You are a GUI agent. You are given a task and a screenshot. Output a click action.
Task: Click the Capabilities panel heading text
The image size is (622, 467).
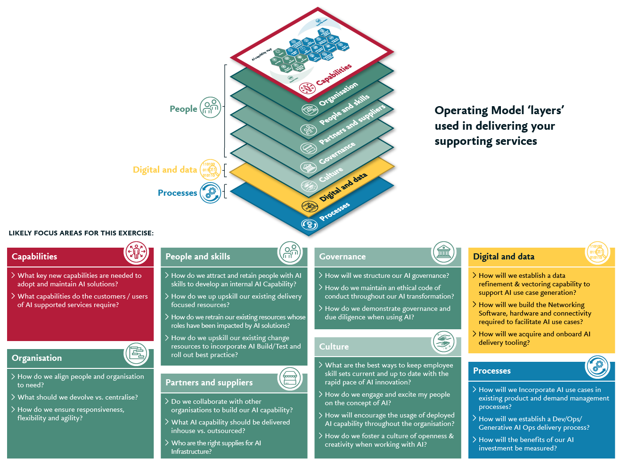click(34, 257)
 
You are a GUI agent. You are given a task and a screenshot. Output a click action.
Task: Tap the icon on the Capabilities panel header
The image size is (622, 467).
click(136, 252)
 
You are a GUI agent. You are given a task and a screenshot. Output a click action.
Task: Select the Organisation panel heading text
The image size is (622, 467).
click(37, 358)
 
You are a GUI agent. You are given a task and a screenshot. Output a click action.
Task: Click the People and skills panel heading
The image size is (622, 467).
click(198, 257)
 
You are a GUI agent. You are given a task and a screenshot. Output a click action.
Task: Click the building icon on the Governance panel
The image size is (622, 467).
click(444, 252)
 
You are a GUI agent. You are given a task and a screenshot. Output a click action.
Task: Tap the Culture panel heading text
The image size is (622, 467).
click(334, 347)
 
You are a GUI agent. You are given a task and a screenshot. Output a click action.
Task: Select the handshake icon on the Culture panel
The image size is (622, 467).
click(444, 342)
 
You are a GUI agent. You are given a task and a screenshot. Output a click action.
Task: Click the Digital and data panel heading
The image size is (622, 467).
click(504, 257)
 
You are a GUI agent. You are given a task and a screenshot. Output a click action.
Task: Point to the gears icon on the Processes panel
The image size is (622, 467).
click(597, 367)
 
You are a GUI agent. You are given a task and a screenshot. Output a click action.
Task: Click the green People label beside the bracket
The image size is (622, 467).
click(183, 109)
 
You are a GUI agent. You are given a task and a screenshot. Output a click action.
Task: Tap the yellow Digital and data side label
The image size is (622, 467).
click(165, 170)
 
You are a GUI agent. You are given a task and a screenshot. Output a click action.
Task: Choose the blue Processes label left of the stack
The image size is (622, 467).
click(178, 193)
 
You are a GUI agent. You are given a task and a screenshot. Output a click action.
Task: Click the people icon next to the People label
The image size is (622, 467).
click(210, 108)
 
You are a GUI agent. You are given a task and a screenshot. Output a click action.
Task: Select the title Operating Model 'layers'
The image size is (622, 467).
click(499, 110)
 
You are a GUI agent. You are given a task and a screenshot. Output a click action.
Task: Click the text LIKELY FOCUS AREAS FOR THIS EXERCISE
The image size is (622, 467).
click(81, 233)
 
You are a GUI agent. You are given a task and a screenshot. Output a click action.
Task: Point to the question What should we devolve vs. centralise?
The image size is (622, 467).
click(78, 397)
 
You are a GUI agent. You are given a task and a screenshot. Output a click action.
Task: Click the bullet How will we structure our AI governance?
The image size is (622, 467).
click(387, 275)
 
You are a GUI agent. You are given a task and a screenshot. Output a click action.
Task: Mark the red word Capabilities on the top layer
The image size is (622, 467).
click(334, 75)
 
